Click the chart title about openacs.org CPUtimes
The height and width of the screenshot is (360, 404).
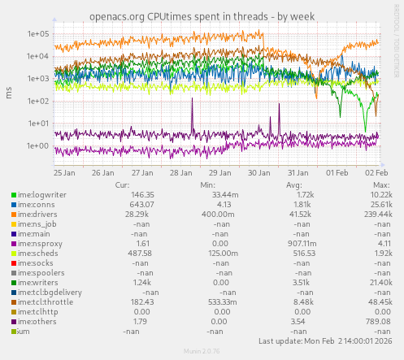click(x=202, y=15)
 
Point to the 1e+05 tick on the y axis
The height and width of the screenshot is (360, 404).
click(x=38, y=34)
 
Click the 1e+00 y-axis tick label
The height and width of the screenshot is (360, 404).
click(x=38, y=146)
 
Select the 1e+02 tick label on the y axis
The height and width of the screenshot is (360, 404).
click(x=38, y=102)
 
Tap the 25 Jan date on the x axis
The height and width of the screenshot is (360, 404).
click(x=65, y=172)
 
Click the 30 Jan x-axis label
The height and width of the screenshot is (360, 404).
click(x=259, y=172)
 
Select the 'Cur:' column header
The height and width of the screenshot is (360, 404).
click(x=122, y=184)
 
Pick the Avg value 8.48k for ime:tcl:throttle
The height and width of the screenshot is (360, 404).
click(x=303, y=302)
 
